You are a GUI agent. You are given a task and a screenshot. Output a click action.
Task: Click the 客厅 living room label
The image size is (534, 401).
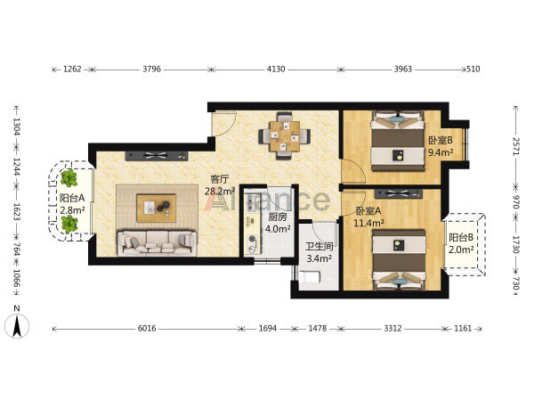click(220, 179)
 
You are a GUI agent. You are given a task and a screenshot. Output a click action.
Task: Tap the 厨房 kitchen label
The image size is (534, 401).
click(278, 217)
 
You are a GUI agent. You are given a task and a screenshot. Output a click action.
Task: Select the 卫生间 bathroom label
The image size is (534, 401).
click(320, 246)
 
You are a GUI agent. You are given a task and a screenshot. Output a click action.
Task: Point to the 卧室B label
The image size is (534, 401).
click(441, 140)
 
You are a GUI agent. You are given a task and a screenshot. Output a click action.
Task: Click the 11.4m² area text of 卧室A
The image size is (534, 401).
click(369, 224)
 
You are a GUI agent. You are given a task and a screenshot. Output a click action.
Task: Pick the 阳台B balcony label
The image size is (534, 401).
click(461, 237)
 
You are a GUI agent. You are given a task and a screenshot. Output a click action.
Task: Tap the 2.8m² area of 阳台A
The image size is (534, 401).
click(72, 210)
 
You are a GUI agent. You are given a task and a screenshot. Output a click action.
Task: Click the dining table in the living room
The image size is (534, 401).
click(285, 136)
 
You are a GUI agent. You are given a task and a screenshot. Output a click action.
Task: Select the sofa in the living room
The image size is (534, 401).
click(157, 243)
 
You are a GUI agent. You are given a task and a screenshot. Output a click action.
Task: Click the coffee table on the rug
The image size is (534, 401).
click(157, 208)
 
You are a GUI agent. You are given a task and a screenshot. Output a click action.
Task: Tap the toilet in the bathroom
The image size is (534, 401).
click(309, 277)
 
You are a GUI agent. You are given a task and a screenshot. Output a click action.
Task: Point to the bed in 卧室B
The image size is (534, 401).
click(398, 141)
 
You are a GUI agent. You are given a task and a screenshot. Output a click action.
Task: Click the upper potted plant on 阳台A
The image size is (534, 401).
click(69, 178)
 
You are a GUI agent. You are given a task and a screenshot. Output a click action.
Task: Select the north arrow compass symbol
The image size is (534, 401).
click(17, 326)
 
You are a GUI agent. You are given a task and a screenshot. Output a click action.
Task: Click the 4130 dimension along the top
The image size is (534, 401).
click(276, 70)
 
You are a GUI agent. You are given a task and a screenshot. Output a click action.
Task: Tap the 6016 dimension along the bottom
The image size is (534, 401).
click(147, 328)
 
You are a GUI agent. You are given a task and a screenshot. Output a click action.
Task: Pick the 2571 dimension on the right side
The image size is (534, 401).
click(516, 146)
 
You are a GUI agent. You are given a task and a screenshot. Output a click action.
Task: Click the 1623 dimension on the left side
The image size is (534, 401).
click(16, 211)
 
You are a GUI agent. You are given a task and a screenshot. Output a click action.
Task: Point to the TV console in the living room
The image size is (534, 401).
click(157, 155)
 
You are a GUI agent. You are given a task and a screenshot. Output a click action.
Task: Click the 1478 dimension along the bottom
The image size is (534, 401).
click(318, 328)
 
